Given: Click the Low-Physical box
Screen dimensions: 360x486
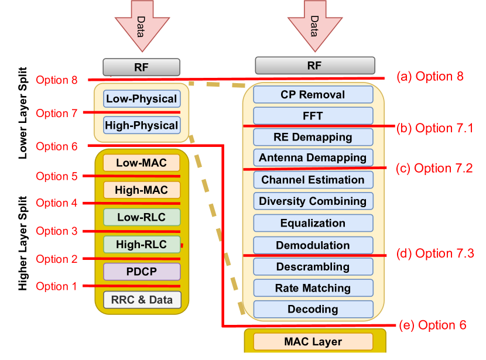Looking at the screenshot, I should [141, 98].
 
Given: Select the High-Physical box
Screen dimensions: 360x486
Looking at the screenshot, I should [141, 125].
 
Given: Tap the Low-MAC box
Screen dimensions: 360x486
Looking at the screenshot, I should [141, 163].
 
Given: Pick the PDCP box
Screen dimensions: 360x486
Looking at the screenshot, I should [141, 272].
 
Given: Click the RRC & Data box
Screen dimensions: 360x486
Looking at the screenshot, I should [141, 300].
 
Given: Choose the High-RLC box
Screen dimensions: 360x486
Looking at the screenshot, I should [141, 245].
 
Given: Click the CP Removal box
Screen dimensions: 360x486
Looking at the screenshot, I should [313, 94].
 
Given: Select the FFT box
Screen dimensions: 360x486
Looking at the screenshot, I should [313, 116].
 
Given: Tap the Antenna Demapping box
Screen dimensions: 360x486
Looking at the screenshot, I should [313, 157].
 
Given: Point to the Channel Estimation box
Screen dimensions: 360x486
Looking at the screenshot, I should [313, 180].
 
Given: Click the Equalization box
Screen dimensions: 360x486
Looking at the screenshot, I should [313, 223].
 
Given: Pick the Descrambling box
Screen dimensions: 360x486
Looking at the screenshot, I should [313, 266].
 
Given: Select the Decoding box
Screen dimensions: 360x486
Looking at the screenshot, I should [313, 309].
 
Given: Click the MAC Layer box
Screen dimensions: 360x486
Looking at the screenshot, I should [313, 341].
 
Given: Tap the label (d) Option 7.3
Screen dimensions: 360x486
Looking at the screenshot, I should [435, 253].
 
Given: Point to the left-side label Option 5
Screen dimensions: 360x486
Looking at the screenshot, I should [56, 176].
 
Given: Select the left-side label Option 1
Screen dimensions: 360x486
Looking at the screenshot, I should [56, 286].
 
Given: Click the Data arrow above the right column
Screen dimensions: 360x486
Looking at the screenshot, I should [314, 23].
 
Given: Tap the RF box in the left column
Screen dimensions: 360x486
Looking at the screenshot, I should [141, 67].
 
